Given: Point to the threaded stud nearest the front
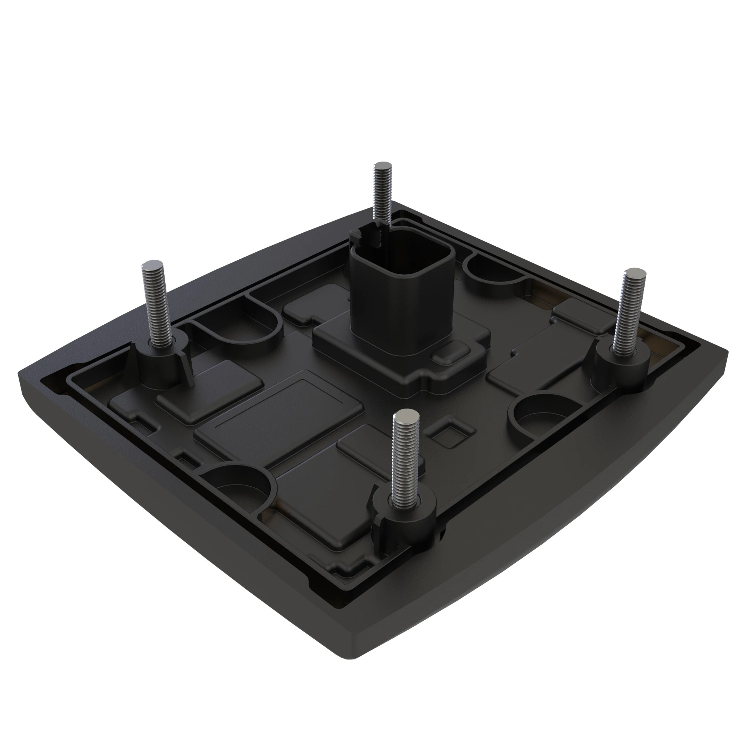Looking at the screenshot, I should click(x=404, y=454).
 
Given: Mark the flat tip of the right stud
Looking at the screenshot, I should click(x=635, y=273).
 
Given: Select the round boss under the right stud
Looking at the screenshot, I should click(x=621, y=365).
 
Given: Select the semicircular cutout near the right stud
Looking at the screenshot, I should click(x=546, y=415).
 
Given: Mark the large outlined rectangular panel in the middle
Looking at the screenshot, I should click(x=279, y=417).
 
